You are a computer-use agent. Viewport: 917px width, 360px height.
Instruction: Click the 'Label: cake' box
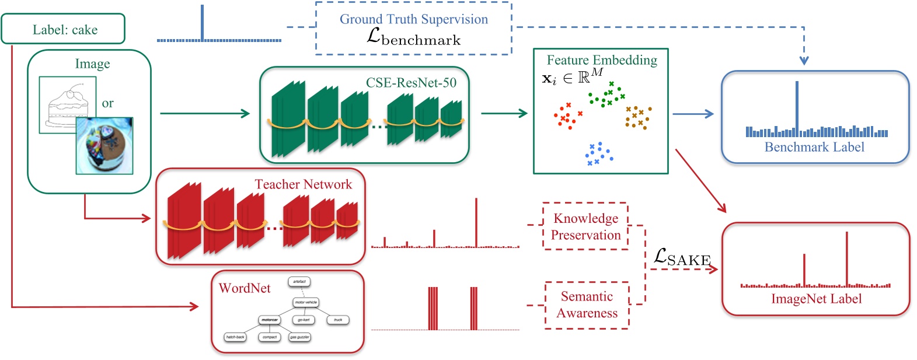pos(63,29)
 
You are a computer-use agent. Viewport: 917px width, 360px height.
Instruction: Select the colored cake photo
pos(104,146)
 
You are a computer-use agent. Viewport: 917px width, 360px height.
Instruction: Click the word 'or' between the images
pos(107,103)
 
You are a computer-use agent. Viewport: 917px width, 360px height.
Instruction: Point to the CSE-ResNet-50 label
pos(411,83)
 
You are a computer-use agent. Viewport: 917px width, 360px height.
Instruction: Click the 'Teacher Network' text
pos(303,184)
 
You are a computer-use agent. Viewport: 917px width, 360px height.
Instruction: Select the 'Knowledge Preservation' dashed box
pos(585,226)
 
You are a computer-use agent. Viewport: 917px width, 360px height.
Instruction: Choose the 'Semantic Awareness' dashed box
pos(587,305)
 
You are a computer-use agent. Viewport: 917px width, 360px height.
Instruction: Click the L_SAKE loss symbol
pos(681,257)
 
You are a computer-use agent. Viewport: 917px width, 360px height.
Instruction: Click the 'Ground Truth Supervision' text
pos(413,19)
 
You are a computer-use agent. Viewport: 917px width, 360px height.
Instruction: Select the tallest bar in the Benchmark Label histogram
pos(797,109)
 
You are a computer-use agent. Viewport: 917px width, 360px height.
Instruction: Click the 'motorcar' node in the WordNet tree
pos(269,320)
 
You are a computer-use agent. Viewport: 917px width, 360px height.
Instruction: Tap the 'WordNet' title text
pos(245,288)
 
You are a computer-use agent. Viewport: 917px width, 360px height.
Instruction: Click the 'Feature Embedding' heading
pos(601,60)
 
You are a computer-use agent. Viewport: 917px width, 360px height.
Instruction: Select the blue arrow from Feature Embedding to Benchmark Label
pos(693,114)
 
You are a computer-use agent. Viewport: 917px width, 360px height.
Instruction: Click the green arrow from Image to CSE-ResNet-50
pos(204,113)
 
